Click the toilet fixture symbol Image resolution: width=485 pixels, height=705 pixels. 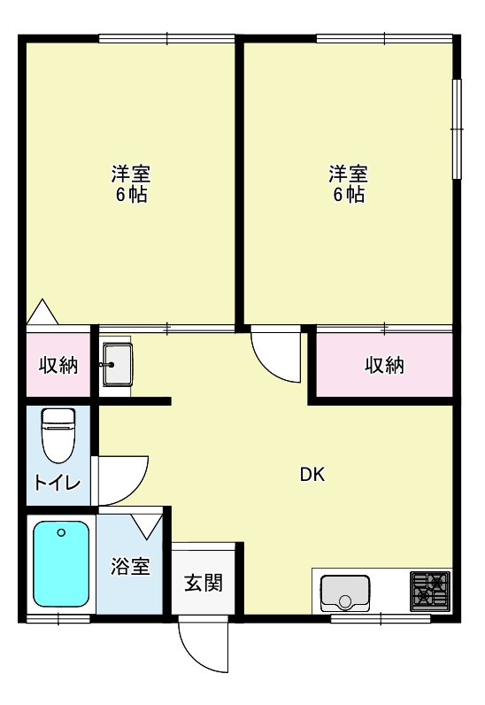[58, 435]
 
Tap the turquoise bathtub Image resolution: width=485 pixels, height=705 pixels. [61, 564]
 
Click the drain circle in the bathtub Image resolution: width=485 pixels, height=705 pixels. [62, 533]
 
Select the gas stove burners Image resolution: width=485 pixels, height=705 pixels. [430, 592]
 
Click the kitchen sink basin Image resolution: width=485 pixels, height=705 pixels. [345, 593]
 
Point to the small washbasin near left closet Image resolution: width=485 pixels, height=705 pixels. [118, 365]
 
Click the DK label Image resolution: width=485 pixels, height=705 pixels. [312, 475]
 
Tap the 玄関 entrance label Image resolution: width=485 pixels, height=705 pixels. [204, 583]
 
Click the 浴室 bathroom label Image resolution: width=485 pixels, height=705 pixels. [130, 567]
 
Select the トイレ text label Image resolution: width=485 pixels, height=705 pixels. [58, 483]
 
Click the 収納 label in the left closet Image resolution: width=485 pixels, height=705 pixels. [58, 365]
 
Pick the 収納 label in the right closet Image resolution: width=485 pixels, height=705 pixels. [384, 365]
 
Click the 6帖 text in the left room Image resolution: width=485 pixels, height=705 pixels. [131, 195]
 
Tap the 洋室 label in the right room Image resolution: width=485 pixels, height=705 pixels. [349, 174]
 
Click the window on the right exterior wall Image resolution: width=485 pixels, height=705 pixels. [457, 129]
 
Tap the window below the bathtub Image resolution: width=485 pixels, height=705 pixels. [58, 619]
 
